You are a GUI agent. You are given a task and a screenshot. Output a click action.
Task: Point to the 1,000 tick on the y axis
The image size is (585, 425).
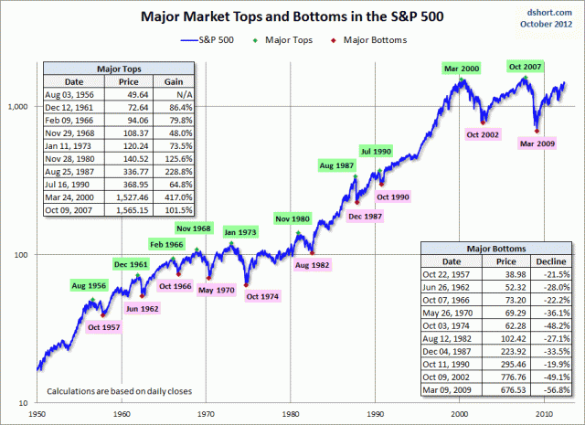(17, 107)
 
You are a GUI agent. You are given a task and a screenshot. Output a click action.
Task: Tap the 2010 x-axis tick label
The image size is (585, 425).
(545, 414)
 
